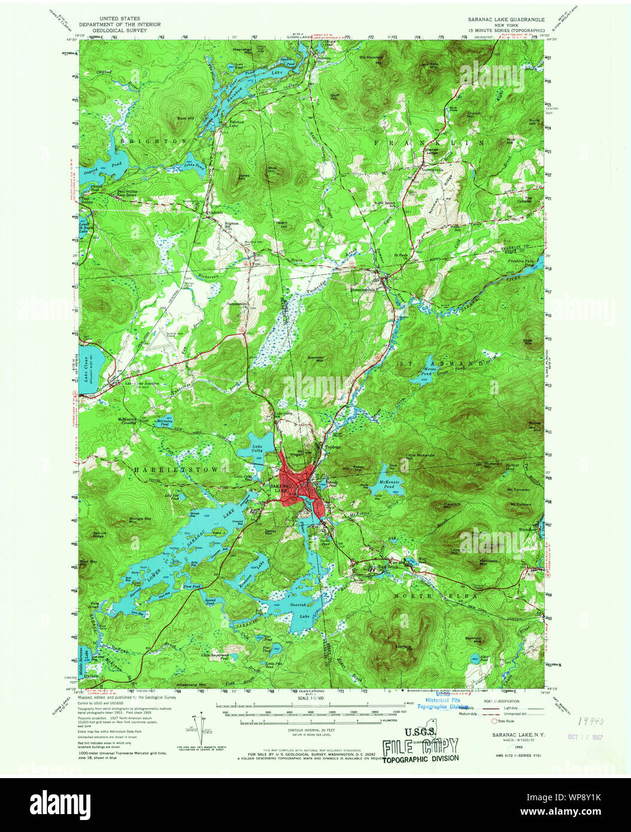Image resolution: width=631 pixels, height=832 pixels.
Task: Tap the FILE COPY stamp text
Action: (420, 746)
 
